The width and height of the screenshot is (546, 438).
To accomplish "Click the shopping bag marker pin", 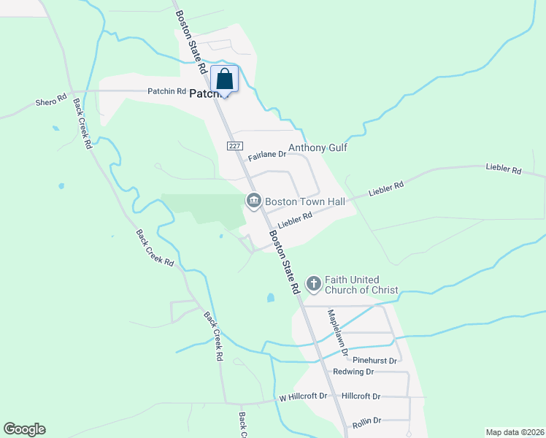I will [225, 80].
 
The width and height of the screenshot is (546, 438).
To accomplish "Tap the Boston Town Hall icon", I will [254, 199].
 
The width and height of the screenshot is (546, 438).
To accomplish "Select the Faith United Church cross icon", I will [314, 283].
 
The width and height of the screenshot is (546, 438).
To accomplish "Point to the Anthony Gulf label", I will [318, 147].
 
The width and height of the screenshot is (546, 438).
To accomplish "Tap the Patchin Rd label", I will [167, 91].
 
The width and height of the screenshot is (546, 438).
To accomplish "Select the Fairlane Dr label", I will [266, 156].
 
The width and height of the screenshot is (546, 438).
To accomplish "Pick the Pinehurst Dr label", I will [374, 361].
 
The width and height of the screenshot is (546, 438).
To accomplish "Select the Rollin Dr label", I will [366, 420].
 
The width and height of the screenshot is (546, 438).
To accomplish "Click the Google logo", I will [24, 429].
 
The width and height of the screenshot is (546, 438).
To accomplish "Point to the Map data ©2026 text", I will [515, 432].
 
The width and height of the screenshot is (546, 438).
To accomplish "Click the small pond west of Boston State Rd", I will [271, 298].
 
